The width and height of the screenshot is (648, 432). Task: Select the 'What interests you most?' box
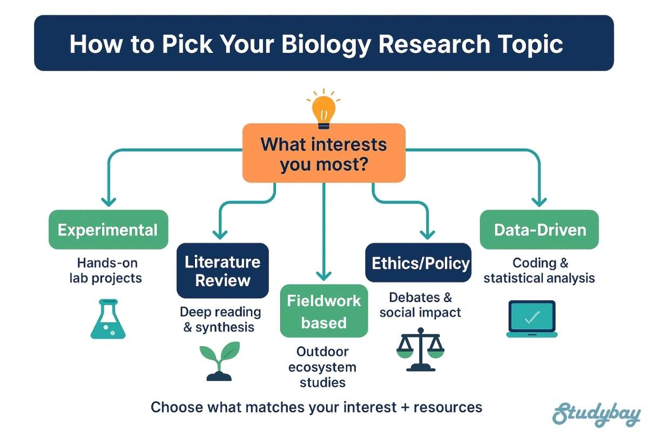click(x=323, y=153)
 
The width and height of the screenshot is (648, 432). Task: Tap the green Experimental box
click(x=108, y=230)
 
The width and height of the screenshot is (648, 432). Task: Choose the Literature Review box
click(x=222, y=271)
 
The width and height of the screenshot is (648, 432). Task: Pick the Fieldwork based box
click(x=323, y=310)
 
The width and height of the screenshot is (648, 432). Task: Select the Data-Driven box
click(x=539, y=230)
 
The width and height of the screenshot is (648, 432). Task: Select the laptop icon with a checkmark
click(x=531, y=319)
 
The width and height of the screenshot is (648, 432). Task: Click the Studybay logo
click(x=596, y=413)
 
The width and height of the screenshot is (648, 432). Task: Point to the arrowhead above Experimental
click(x=109, y=202)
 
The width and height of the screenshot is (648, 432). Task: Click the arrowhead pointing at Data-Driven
click(x=538, y=202)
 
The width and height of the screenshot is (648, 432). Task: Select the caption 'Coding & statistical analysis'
click(x=539, y=271)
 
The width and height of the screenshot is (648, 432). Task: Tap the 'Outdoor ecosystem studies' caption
click(x=323, y=367)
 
